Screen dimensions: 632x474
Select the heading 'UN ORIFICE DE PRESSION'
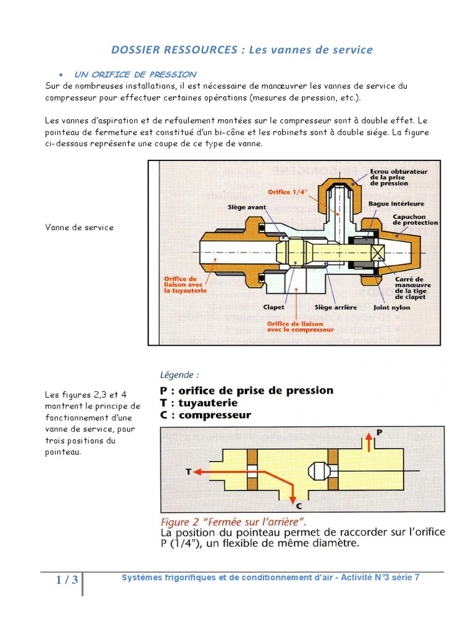click(135, 75)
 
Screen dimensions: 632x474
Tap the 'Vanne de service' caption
click(80, 227)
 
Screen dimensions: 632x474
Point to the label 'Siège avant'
click(247, 207)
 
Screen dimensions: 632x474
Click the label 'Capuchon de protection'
click(415, 219)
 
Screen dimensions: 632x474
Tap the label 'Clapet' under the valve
click(274, 307)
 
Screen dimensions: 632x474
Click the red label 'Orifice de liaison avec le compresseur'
click(301, 326)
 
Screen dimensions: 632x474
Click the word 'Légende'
click(180, 375)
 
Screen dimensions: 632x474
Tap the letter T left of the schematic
click(188, 471)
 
